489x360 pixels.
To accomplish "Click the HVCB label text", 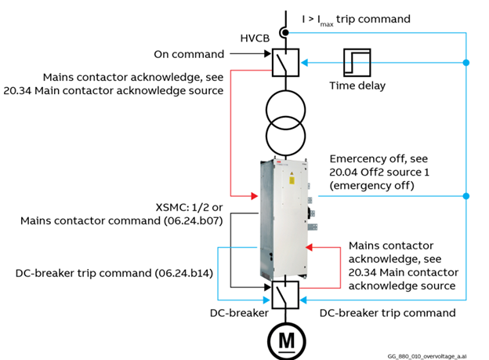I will (256, 38).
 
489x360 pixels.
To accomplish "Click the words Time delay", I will (357, 85).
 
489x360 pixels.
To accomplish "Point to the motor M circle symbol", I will (284, 339).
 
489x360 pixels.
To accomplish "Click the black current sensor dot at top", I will (286, 32).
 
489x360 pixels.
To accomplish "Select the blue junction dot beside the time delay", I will (466, 62).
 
